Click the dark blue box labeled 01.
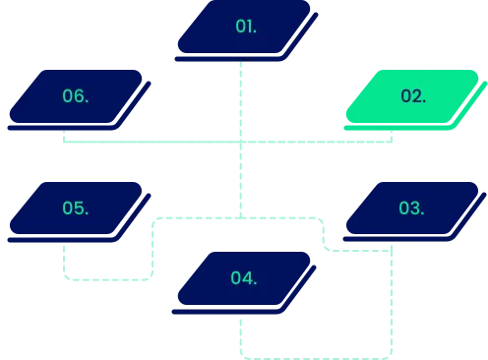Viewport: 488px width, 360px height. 246,27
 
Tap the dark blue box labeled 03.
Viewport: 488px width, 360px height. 411,209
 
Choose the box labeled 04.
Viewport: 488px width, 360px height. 244,278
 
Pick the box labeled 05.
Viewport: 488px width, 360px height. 76,209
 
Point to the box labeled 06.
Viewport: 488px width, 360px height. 76,96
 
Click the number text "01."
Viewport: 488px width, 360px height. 246,26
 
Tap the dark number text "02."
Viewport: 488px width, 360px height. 413,96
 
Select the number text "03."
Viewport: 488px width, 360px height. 411,209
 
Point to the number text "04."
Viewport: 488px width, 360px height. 244,278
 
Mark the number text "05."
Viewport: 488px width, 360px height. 75,209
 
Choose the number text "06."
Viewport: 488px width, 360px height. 75,96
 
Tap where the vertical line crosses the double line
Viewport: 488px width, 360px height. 240,143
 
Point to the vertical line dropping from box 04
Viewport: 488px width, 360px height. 240,334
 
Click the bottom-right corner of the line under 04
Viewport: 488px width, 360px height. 392,355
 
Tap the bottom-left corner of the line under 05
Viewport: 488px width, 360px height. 66,280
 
